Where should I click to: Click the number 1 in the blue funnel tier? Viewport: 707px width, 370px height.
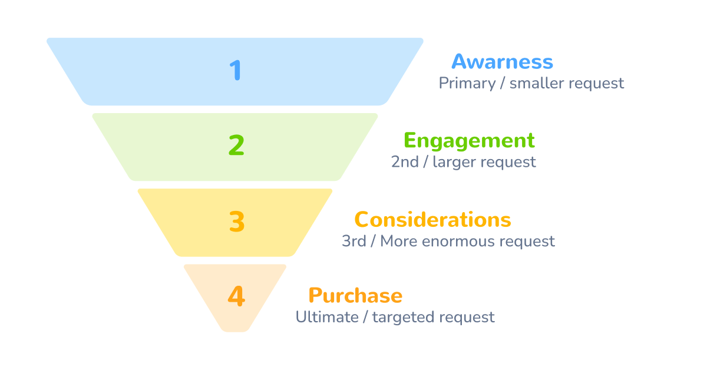click(x=236, y=70)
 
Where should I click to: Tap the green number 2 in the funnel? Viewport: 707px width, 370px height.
click(x=236, y=145)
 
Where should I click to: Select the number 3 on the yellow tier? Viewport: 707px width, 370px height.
click(x=236, y=222)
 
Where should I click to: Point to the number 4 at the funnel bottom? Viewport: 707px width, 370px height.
click(x=236, y=296)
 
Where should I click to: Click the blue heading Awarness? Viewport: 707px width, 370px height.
click(x=502, y=62)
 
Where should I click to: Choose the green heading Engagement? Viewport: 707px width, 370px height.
click(x=469, y=141)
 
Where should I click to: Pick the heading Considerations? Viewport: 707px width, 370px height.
click(x=432, y=220)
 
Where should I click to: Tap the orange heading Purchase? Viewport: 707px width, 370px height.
click(x=355, y=295)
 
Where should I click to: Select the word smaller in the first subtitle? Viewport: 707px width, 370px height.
click(x=536, y=84)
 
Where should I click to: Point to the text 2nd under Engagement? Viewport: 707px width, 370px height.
click(x=405, y=162)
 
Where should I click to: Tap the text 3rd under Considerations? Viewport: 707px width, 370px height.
click(x=354, y=241)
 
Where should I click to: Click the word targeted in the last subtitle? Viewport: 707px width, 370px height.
click(x=404, y=318)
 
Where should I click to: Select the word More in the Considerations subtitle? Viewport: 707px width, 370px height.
click(x=395, y=241)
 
